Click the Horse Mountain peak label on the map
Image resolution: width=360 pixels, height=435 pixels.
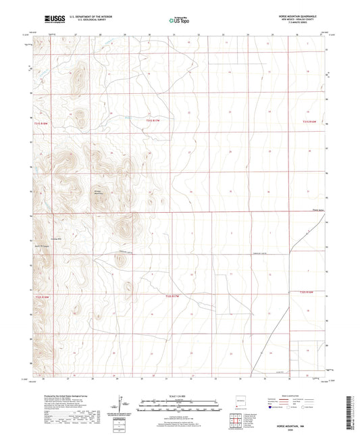click(100, 193)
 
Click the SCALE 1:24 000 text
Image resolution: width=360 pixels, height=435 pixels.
click(179, 396)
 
